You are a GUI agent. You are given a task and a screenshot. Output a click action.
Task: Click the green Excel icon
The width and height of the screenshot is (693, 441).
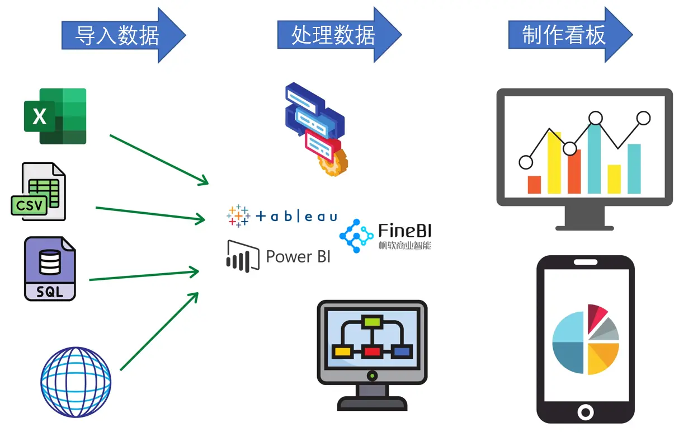coord(55,116)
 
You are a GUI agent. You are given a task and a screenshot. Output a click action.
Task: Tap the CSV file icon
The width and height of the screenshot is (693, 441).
coord(39,192)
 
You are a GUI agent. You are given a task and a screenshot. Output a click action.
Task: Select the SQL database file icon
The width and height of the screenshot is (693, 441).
coord(50,269)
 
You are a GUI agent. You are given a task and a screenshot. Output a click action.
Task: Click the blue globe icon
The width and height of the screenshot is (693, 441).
coord(76,382)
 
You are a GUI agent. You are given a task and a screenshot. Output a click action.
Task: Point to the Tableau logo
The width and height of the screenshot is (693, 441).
coord(281,216)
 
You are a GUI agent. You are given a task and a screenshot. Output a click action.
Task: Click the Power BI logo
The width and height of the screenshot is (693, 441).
coord(278,256)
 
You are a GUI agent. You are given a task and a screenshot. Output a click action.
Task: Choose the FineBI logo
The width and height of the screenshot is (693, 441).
coord(386,236)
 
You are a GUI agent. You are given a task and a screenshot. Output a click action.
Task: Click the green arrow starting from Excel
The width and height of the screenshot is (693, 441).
coord(159,159)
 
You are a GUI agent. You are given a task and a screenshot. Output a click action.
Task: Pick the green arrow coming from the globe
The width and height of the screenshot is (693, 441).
coord(159,331)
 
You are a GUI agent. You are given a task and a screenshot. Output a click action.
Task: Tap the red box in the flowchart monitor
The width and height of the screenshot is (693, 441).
coord(371,352)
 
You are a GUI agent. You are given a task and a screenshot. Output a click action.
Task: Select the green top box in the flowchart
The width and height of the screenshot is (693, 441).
coord(371,321)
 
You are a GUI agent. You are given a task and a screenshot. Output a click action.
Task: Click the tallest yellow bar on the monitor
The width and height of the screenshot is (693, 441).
coord(554,162)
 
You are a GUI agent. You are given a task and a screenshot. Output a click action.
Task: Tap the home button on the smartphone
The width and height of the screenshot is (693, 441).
coord(585,412)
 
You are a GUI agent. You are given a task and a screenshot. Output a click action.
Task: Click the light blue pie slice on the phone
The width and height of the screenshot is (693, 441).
coord(569,327)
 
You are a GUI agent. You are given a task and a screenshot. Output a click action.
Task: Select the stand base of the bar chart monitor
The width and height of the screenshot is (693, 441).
coord(584,227)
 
